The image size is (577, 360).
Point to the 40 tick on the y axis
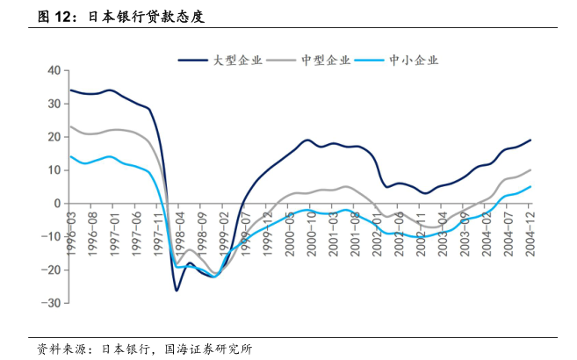click(x=53, y=70)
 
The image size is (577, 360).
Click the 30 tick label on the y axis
click(x=53, y=104)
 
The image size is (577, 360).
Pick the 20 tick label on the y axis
click(x=53, y=137)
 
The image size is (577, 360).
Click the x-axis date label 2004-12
click(x=531, y=229)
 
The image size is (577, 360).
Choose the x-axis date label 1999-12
click(x=268, y=229)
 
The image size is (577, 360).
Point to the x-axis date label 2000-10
click(x=312, y=229)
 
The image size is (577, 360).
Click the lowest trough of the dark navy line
click(x=177, y=290)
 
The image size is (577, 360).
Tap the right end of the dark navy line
click(x=530, y=140)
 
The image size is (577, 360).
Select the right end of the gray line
click(x=530, y=170)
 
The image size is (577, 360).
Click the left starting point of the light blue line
click(x=70, y=156)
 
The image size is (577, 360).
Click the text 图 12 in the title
click(x=56, y=16)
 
